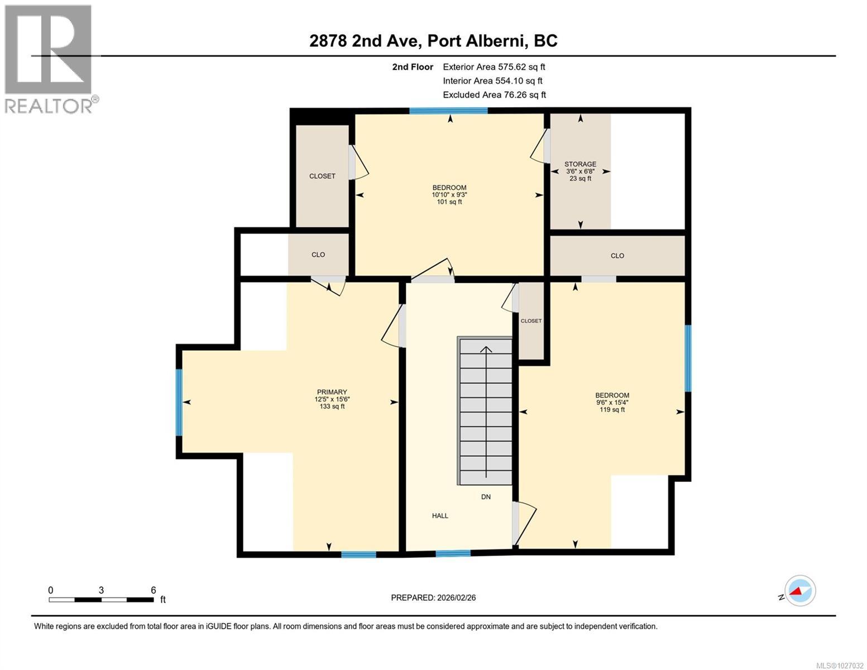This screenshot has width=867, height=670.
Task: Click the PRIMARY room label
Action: pos(332,392)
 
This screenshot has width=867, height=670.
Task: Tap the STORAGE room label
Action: pos(580,164)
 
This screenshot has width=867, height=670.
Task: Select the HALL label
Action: pos(440,516)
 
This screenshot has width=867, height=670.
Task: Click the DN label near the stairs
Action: pos(486,497)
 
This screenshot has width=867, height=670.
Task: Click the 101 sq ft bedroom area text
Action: pos(449,202)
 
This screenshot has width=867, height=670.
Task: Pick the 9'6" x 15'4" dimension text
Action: pos(612,403)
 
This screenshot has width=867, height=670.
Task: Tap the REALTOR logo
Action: pos(49,59)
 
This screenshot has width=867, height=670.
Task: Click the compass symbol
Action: pos(799,591)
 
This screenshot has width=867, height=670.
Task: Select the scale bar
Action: pos(101,600)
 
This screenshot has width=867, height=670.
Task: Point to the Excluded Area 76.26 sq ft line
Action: pos(494,95)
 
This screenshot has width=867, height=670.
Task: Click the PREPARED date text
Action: pos(433,597)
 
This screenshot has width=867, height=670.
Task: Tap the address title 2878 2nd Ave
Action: pos(433,41)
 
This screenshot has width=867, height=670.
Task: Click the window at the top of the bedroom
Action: pos(448,111)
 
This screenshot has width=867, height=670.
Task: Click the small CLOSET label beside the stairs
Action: pos(531,321)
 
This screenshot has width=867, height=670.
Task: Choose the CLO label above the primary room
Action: pos(318,255)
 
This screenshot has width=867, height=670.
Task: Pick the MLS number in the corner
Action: pos(840,665)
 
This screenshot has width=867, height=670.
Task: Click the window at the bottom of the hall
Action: pos(453,553)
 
